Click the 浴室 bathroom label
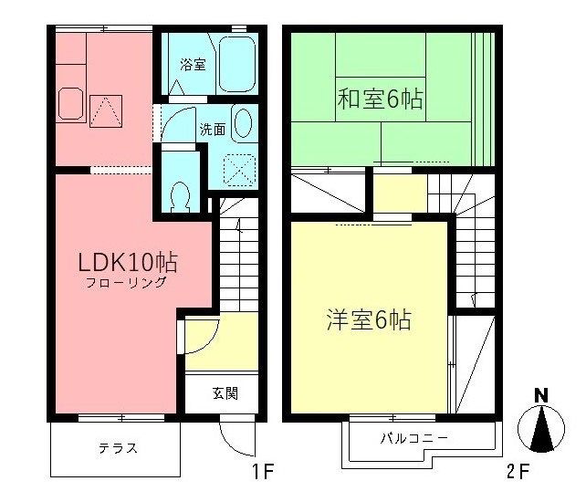tap(193, 65)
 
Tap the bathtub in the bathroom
tap(237, 64)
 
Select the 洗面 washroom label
tap(213, 130)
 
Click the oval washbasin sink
tap(243, 123)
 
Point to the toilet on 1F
tap(180, 196)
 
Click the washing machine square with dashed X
tap(239, 170)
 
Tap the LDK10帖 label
tap(128, 262)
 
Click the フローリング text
tap(126, 282)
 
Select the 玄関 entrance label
tap(225, 393)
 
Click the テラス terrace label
tap(119, 447)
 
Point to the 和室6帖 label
tap(381, 99)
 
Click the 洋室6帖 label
tap(369, 320)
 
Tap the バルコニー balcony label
tap(413, 438)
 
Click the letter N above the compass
tap(540, 395)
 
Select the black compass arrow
tap(541, 428)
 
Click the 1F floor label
tap(264, 472)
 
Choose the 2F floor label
tap(518, 472)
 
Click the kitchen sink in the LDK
tap(70, 104)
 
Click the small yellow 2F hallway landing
tap(400, 193)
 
